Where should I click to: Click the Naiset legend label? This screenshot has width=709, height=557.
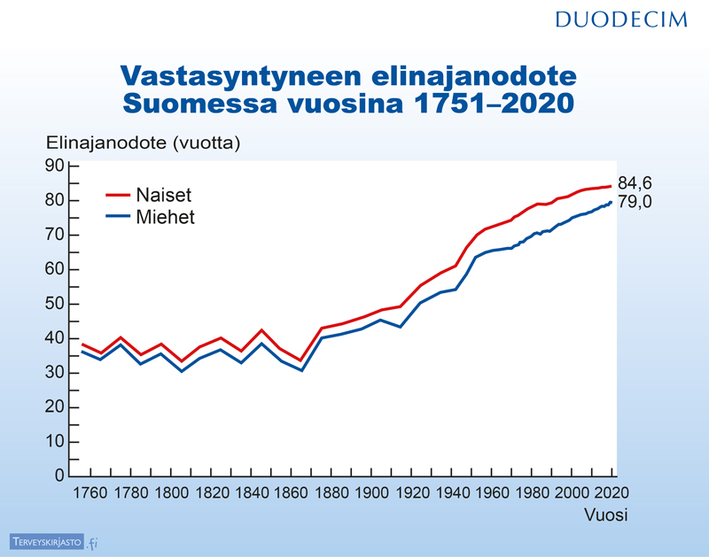[x=164, y=195]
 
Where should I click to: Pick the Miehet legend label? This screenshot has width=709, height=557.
[x=166, y=217]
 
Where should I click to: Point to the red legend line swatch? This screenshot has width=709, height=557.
[x=118, y=195]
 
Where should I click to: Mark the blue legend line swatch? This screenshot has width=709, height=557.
[x=118, y=217]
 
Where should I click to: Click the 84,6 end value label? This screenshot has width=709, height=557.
[x=635, y=183]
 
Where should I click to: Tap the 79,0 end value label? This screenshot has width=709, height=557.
[x=635, y=202]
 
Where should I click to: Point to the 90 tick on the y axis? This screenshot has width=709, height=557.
[x=55, y=166]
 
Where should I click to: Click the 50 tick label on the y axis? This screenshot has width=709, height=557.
[x=55, y=304]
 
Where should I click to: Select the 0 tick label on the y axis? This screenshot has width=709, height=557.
[x=60, y=476]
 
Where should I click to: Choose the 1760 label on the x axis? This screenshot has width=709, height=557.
[x=83, y=493]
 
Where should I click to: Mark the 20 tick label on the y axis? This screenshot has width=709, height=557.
[x=55, y=407]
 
